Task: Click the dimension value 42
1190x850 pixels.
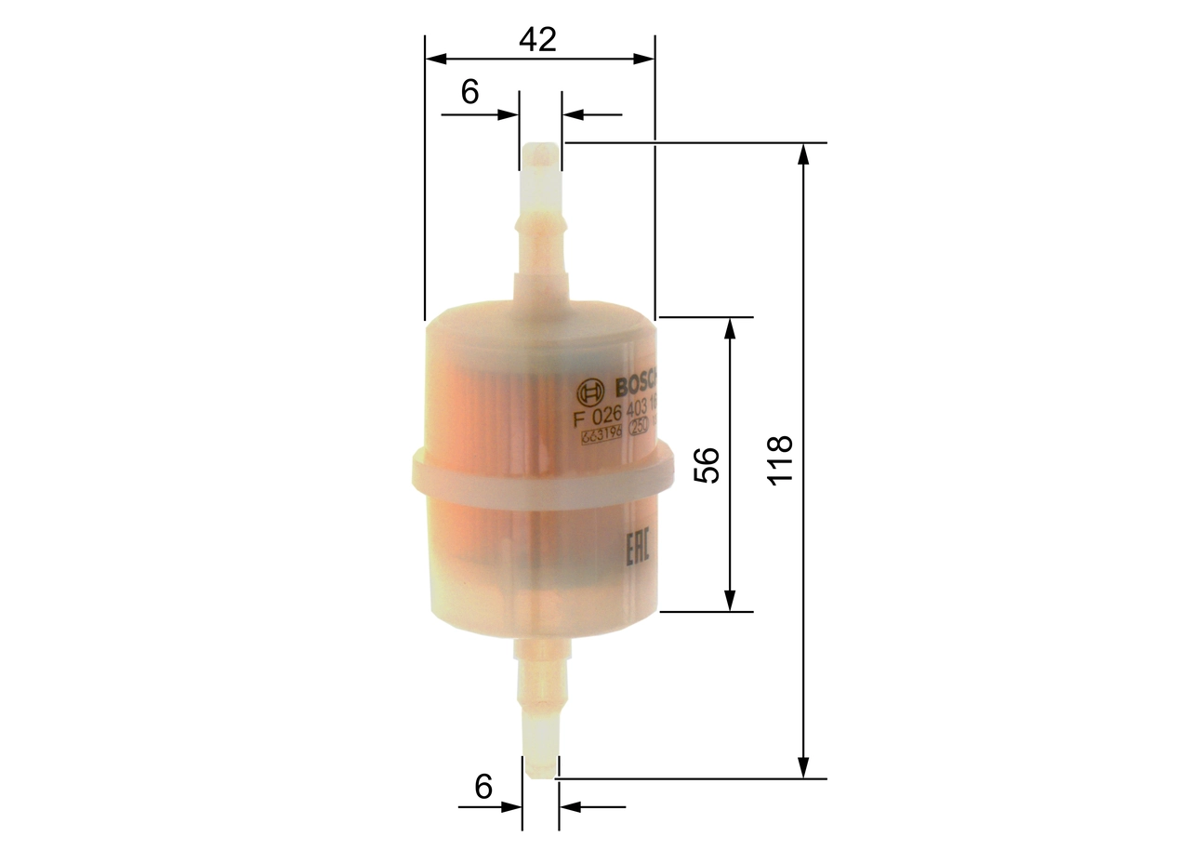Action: (x=537, y=40)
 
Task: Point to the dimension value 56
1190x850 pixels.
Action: (x=707, y=464)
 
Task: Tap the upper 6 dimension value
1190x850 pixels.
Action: (x=469, y=91)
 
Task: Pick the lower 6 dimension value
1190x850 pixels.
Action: (x=483, y=787)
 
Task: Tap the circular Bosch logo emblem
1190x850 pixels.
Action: (x=588, y=391)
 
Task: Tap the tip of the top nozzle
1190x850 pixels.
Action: (x=540, y=147)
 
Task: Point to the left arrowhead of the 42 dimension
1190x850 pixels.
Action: (x=435, y=59)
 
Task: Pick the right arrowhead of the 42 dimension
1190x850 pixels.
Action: (x=644, y=59)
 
